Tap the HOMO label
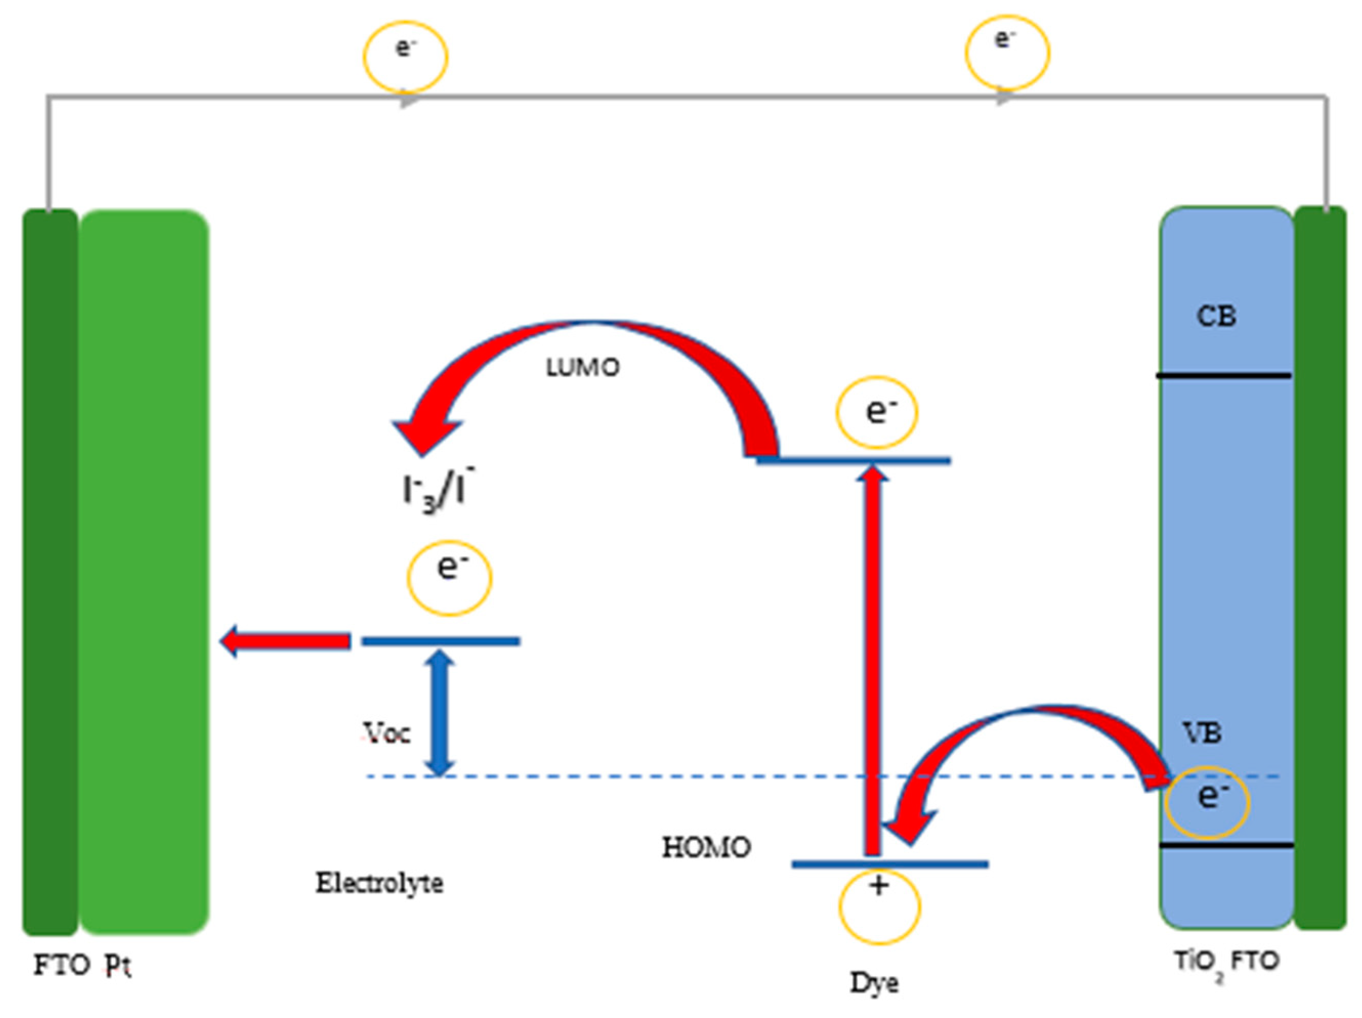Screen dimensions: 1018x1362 point(706,848)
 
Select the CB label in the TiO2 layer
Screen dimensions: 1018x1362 point(1216,316)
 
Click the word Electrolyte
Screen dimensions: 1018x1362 point(379,883)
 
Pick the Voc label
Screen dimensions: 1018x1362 point(387,732)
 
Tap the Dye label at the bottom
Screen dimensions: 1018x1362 point(874,982)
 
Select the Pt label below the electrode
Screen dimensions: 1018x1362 point(117,966)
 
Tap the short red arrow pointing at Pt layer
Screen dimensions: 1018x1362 point(286,641)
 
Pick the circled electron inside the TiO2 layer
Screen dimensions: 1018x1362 point(1207,802)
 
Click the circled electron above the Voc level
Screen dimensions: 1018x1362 point(450,577)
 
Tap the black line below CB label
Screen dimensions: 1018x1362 point(1223,375)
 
